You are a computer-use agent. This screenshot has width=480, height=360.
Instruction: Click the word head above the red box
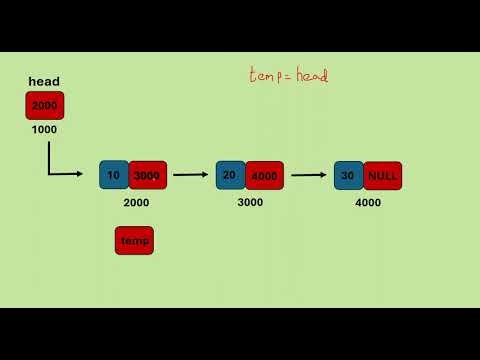(x=44, y=82)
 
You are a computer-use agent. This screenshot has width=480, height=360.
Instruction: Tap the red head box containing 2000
(x=44, y=105)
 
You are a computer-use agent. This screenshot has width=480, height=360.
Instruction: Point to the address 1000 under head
(x=44, y=129)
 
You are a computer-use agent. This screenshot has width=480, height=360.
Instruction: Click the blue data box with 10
(x=114, y=175)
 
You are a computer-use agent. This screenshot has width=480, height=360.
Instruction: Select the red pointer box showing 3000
(x=147, y=175)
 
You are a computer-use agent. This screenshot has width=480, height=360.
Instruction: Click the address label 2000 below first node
(x=136, y=202)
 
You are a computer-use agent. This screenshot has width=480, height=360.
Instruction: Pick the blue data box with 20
(x=230, y=175)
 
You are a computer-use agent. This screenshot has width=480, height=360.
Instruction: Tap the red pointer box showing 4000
(x=264, y=175)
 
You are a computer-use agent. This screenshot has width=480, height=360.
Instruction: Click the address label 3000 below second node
(x=250, y=202)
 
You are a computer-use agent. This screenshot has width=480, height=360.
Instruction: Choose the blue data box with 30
(x=348, y=175)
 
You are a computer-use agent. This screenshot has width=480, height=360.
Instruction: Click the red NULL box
(x=382, y=175)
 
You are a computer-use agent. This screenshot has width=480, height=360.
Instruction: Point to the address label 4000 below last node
(x=368, y=202)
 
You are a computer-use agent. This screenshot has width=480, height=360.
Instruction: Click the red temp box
(x=134, y=240)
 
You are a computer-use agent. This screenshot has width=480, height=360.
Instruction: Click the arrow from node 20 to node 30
(x=308, y=175)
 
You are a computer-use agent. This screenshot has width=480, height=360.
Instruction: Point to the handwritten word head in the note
(x=311, y=75)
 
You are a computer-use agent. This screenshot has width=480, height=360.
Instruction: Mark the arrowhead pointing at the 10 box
(x=79, y=175)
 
